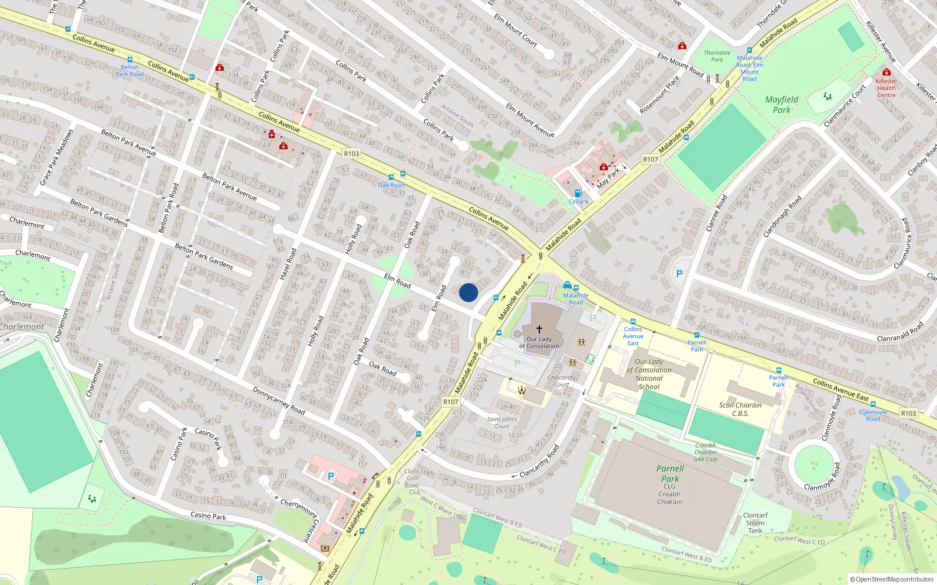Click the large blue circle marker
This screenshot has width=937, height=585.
tap(468, 292)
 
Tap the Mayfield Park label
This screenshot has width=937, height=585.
tap(781, 105)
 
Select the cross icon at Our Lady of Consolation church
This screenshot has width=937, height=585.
tap(539, 329)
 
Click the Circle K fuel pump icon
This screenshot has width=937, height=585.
tap(578, 193)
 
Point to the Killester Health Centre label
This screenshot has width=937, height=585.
tap(886, 88)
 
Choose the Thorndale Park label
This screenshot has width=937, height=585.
tap(717, 56)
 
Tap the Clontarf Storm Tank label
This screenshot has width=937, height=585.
tap(755, 523)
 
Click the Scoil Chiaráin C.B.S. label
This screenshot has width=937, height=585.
tap(740, 409)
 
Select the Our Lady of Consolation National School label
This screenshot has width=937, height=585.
tap(649, 374)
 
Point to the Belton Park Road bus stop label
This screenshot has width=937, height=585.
tap(129, 71)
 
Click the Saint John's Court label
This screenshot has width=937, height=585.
tap(502, 422)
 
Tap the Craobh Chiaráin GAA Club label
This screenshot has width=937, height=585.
tap(705, 452)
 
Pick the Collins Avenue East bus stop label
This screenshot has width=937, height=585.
tap(633, 336)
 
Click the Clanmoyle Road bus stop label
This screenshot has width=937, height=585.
tap(873, 415)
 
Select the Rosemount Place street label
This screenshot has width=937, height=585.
tap(659, 95)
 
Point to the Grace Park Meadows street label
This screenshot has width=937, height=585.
tap(57, 157)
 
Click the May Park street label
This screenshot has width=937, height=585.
tap(608, 178)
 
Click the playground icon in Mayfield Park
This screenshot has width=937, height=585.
tap(827, 96)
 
